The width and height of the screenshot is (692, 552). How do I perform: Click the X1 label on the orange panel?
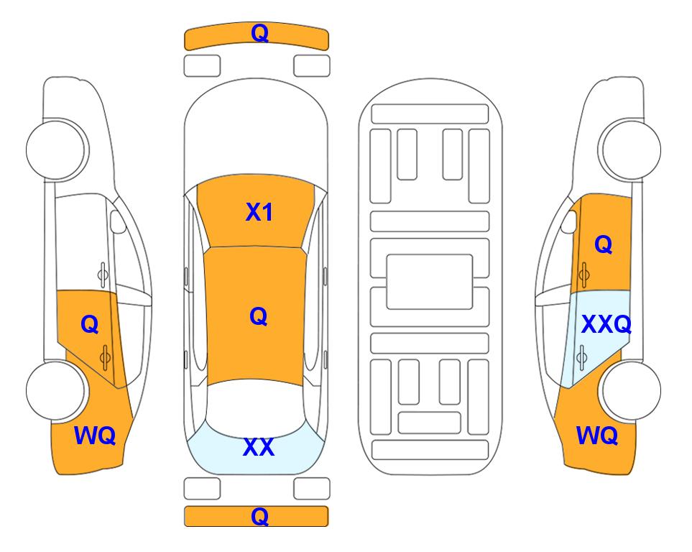tap(259, 212)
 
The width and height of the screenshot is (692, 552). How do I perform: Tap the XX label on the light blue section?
tap(259, 447)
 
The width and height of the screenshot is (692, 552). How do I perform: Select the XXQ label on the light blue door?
tap(606, 324)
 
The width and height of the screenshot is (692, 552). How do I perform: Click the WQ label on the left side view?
tap(95, 436)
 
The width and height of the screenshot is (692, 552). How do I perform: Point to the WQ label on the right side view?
tap(597, 436)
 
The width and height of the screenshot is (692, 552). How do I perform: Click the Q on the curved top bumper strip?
tap(259, 32)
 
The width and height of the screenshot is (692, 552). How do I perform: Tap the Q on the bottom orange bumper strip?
tap(259, 516)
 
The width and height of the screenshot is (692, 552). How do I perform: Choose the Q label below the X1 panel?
tap(258, 316)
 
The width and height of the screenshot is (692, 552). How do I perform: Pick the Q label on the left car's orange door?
tap(90, 325)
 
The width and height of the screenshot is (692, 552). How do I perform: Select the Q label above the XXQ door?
tap(604, 244)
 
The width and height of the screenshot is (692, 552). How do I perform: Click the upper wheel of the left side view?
tap(57, 149)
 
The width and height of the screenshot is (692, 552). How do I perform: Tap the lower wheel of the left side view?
tap(57, 390)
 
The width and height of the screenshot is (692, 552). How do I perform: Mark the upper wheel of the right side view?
tap(630, 149)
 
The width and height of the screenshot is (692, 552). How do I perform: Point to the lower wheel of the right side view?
tap(630, 390)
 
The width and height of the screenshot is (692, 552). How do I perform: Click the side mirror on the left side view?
tap(118, 221)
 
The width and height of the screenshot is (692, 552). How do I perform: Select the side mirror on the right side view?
tap(569, 221)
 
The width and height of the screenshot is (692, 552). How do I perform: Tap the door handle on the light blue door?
tap(582, 357)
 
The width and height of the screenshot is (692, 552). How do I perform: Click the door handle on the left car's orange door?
tap(105, 357)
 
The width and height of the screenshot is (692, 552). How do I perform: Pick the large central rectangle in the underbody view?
tap(430, 282)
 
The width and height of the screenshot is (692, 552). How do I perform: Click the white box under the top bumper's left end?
tap(202, 66)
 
